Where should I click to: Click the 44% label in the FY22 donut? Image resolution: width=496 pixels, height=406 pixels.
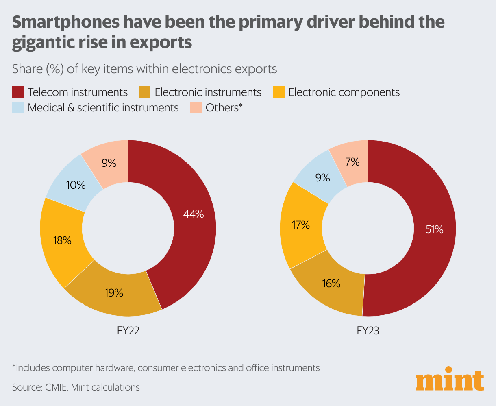193,214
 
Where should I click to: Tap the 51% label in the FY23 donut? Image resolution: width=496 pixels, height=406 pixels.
434,229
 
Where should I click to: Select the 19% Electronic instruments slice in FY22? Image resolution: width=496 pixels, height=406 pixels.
113,292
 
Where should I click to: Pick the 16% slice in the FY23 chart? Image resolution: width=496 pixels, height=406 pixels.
331,284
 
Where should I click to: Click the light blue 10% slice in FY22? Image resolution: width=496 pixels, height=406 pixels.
76,185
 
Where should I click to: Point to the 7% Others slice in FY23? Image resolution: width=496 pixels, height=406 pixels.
352,162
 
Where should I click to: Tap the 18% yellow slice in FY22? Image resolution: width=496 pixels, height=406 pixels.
62,240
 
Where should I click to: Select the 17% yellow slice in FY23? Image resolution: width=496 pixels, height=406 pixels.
301,225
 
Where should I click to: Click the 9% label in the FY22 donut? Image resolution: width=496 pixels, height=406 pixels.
109,163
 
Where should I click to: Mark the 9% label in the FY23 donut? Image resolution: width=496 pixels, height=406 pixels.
322,177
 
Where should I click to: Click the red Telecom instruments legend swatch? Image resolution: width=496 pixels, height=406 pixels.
17,92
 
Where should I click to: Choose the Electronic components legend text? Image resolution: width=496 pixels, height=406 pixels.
344,92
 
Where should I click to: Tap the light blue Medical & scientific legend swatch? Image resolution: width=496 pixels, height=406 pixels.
17,108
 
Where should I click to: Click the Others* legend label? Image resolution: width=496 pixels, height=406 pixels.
224,108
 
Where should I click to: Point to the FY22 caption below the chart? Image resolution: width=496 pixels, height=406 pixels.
128,331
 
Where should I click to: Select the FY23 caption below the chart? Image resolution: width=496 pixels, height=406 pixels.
368,331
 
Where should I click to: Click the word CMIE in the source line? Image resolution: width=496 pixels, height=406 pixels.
55,387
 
